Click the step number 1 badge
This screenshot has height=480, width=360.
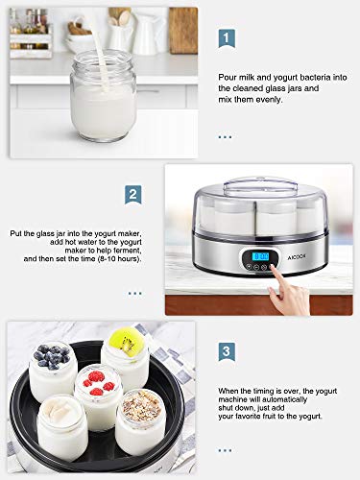tap(227, 38)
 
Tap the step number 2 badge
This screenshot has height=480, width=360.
tap(132, 195)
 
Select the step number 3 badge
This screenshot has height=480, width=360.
tap(227, 351)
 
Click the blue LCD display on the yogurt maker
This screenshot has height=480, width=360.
tap(260, 256)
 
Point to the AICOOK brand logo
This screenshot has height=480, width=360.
tap(292, 256)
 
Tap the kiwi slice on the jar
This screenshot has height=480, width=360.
tap(126, 341)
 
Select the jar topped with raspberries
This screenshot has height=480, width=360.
tap(99, 396)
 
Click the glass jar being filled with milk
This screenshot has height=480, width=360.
tap(103, 95)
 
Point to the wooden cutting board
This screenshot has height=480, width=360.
tap(182, 30)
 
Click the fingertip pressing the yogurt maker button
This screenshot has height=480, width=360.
tap(272, 266)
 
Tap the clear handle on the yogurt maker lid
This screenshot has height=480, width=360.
tap(260, 184)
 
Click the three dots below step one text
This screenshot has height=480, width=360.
tap(225, 137)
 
